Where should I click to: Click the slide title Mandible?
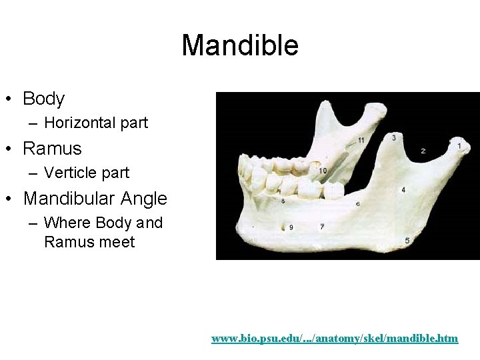[240, 46]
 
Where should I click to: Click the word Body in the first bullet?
[43, 99]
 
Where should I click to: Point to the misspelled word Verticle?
[69, 173]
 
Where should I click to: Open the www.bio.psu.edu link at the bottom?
[335, 339]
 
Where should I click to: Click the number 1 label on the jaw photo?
[459, 145]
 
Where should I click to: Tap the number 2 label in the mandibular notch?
[423, 151]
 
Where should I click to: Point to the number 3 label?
[394, 138]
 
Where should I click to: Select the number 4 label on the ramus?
[403, 190]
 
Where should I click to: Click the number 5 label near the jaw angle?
[407, 240]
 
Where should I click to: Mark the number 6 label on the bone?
[358, 203]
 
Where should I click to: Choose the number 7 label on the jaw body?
[322, 227]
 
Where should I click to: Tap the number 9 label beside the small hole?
[291, 227]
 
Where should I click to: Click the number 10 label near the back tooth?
[323, 171]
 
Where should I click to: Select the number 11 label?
[361, 140]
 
